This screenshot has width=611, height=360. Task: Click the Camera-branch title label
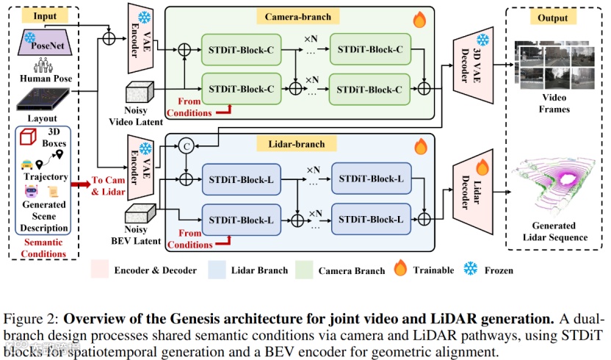[299, 16]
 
